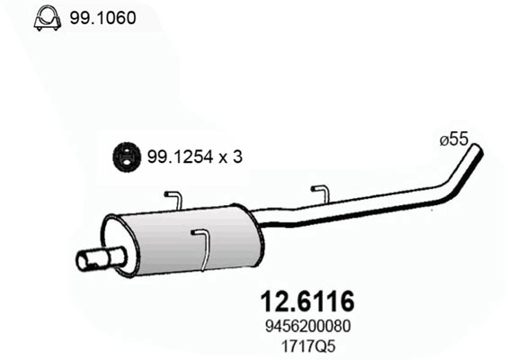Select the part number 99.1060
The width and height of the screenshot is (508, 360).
[x=102, y=17]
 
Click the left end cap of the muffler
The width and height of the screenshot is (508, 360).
[x=112, y=243]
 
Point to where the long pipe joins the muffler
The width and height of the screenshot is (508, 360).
[x=263, y=218]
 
